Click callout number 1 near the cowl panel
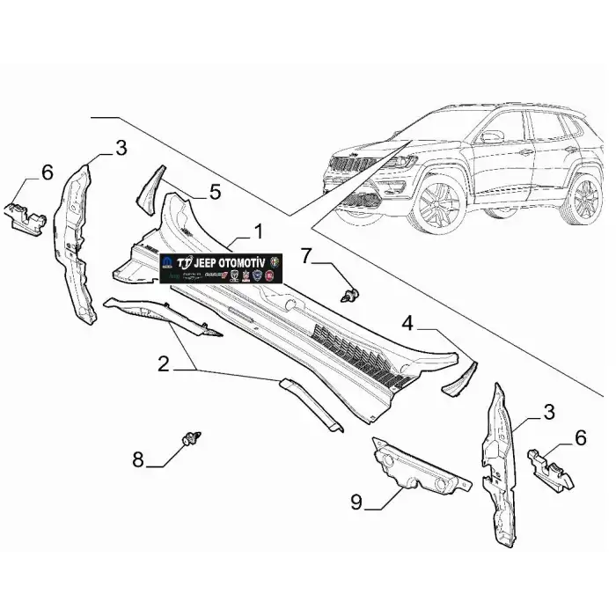258,231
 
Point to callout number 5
215,190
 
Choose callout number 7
306,256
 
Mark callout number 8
139,458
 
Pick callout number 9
356,502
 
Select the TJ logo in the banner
184,264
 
